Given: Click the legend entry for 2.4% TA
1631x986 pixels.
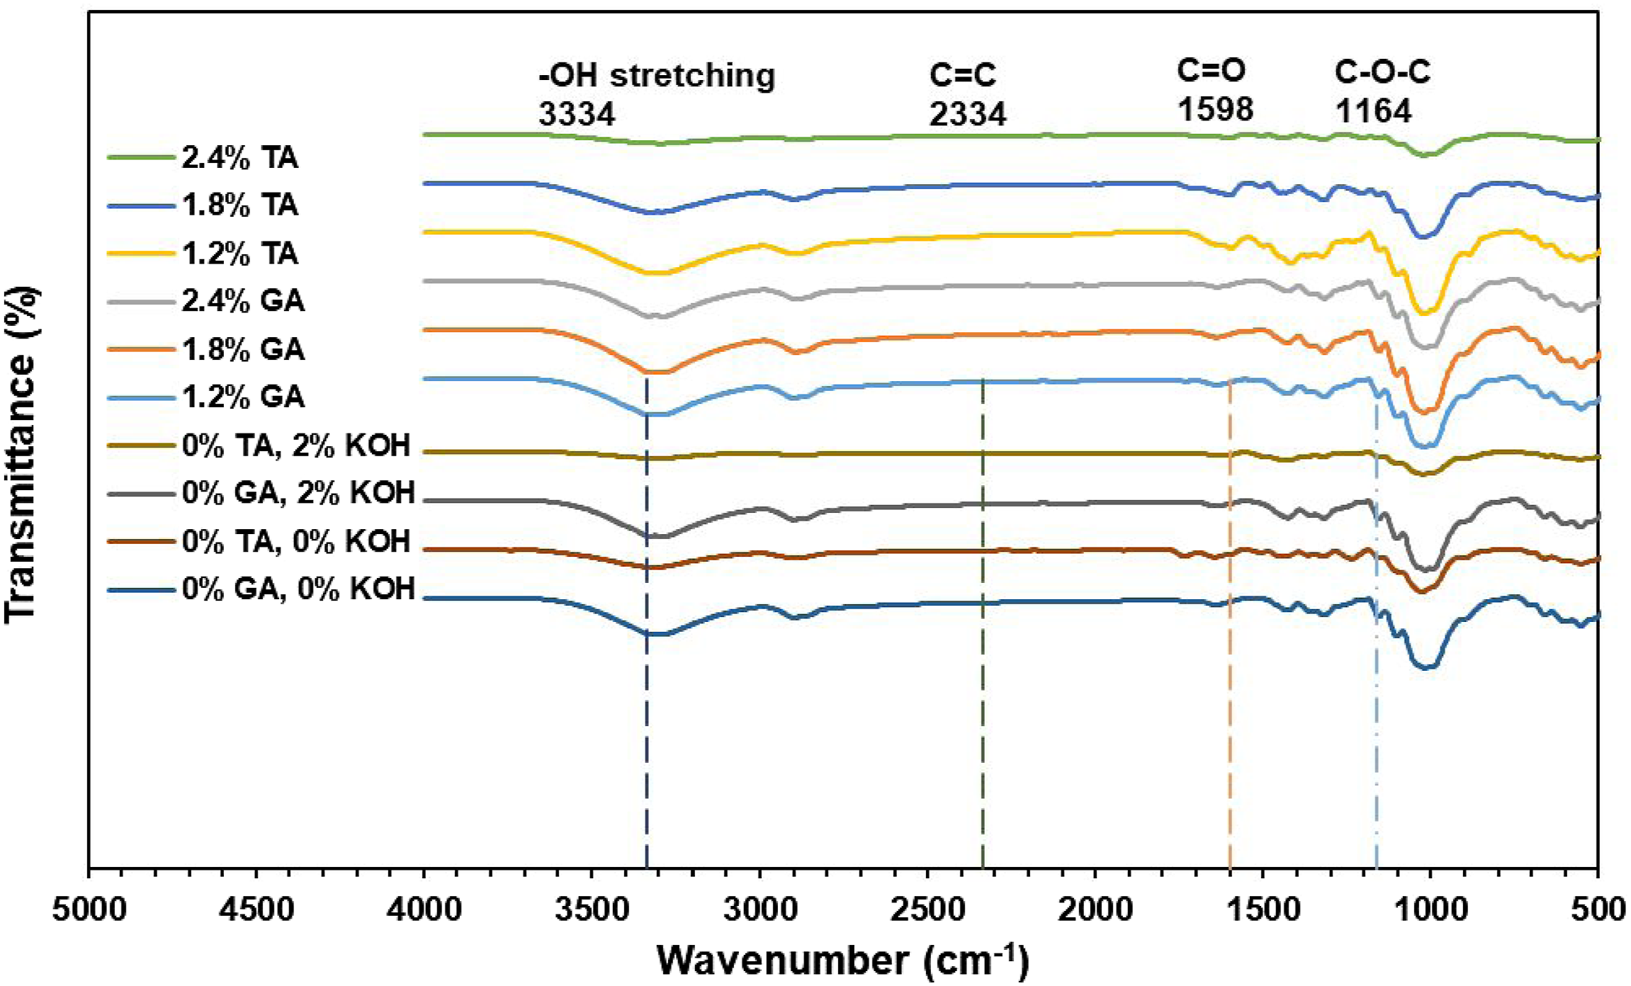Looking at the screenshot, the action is click(x=239, y=157).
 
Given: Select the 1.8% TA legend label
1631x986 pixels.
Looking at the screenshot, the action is click(x=239, y=205).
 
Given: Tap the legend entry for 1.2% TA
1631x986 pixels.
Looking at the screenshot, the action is click(x=239, y=253).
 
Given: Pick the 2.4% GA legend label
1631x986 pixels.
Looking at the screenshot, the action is click(x=243, y=301).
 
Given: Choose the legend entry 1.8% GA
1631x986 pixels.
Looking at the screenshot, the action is click(x=243, y=349).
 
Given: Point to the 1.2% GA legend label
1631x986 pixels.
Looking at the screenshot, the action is click(x=243, y=397).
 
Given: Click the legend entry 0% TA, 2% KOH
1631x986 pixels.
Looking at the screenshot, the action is click(x=296, y=446).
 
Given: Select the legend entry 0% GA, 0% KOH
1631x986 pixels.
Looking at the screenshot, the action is click(x=298, y=589).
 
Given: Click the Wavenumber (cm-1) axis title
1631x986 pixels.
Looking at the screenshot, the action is click(x=842, y=960).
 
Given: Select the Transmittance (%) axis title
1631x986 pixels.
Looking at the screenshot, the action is click(x=21, y=455).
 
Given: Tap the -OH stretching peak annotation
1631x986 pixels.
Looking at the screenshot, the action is click(x=657, y=75).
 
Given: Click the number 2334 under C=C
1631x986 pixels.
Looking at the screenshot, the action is click(x=968, y=114).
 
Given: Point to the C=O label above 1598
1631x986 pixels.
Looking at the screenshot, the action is click(x=1212, y=70).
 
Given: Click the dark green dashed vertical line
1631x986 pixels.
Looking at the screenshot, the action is click(x=983, y=623).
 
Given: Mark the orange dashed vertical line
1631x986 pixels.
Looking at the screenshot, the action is click(x=1229, y=623).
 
